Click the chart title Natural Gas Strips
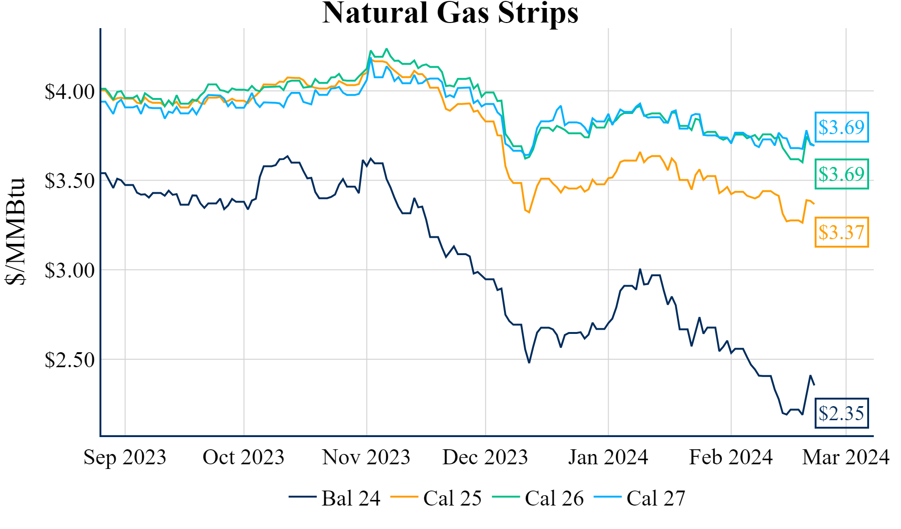click(450, 13)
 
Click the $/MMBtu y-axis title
click(15, 231)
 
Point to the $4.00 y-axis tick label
click(69, 92)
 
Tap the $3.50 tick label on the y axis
click(69, 181)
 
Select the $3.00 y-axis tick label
click(69, 271)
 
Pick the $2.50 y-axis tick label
click(69, 360)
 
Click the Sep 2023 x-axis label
click(125, 457)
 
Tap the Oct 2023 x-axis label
click(244, 457)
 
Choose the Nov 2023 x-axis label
click(366, 457)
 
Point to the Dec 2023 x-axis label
click(485, 457)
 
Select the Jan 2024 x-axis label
click(608, 457)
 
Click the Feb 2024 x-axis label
click(731, 457)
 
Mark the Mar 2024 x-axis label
click(846, 457)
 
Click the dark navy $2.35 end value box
click(841, 413)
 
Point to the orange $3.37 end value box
click(841, 232)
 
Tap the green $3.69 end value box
click(841, 174)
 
